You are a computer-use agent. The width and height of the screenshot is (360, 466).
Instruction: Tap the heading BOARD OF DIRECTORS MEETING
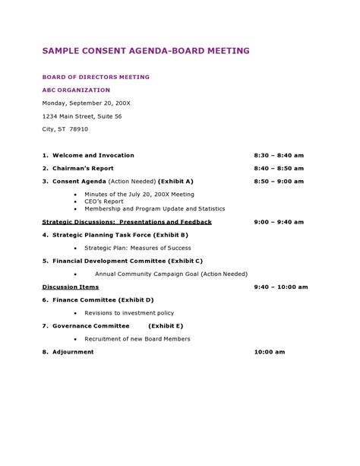[96, 77]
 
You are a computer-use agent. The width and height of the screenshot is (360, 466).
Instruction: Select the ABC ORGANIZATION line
[76, 90]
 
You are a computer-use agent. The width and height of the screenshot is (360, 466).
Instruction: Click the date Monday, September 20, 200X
[87, 103]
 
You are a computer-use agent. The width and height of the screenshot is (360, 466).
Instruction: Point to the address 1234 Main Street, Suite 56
[81, 116]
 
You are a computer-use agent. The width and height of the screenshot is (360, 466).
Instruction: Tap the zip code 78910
[79, 128]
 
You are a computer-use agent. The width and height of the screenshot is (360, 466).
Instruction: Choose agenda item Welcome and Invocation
[93, 155]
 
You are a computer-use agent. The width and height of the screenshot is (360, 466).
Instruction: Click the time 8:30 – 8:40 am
[279, 155]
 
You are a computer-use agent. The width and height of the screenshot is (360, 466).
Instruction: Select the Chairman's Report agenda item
[83, 168]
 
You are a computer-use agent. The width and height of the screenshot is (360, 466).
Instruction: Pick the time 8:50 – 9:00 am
[279, 182]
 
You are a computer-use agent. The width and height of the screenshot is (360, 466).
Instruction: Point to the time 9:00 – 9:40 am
[279, 222]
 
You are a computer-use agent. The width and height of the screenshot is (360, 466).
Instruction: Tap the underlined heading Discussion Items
[71, 287]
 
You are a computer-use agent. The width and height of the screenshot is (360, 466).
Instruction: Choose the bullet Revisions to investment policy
[129, 312]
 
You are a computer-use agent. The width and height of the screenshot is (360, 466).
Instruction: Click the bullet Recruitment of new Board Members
[137, 339]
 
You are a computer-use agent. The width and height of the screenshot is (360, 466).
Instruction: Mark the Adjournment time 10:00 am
[269, 352]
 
